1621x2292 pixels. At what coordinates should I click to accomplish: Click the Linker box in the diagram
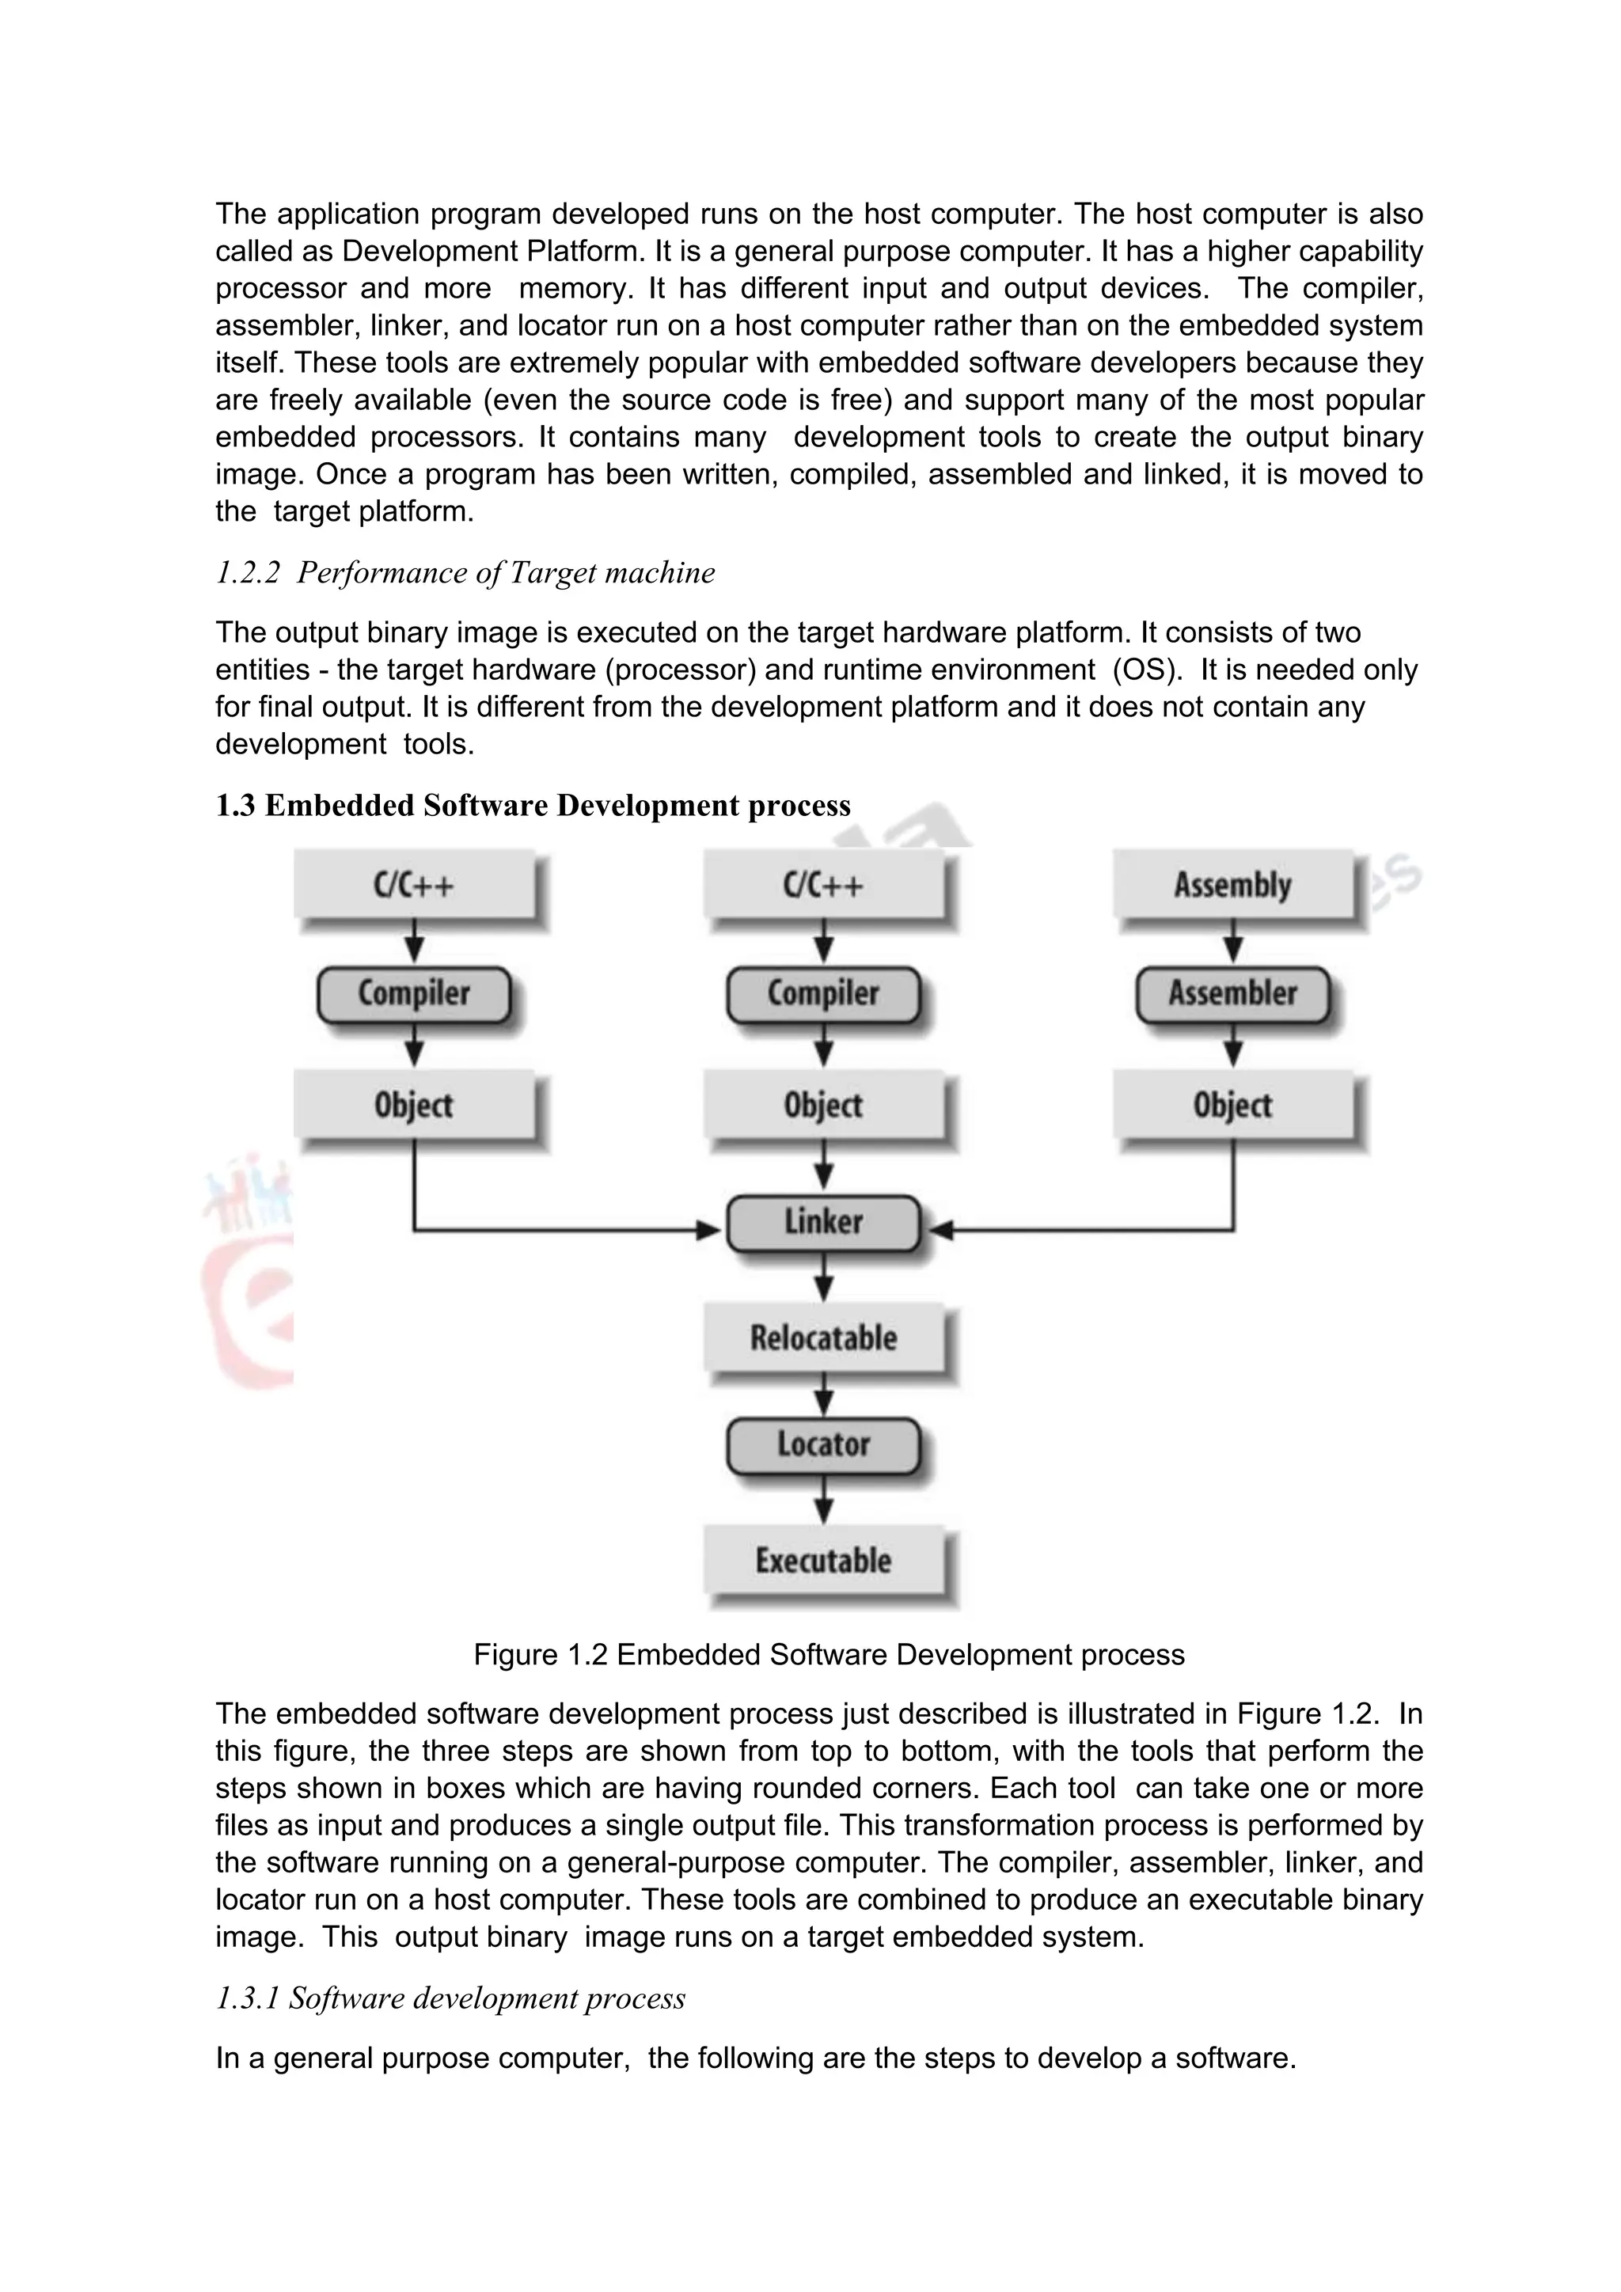click(822, 1222)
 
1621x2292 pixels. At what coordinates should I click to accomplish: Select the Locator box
click(822, 1444)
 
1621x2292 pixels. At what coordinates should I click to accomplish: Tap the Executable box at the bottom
click(822, 1559)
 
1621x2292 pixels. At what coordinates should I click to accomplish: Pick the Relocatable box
click(822, 1338)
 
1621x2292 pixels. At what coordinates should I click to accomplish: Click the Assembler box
click(1232, 993)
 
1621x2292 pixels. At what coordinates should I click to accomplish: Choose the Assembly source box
click(1232, 885)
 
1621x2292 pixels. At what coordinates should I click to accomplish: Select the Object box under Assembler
click(1232, 1105)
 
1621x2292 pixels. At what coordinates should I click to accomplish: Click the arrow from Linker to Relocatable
click(823, 1277)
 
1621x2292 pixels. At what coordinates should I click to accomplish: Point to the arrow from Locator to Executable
click(823, 1501)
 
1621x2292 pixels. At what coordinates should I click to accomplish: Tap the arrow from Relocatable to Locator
click(823, 1393)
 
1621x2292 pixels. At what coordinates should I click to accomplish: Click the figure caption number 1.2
click(587, 1654)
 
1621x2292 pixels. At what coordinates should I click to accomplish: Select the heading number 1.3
click(236, 806)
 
